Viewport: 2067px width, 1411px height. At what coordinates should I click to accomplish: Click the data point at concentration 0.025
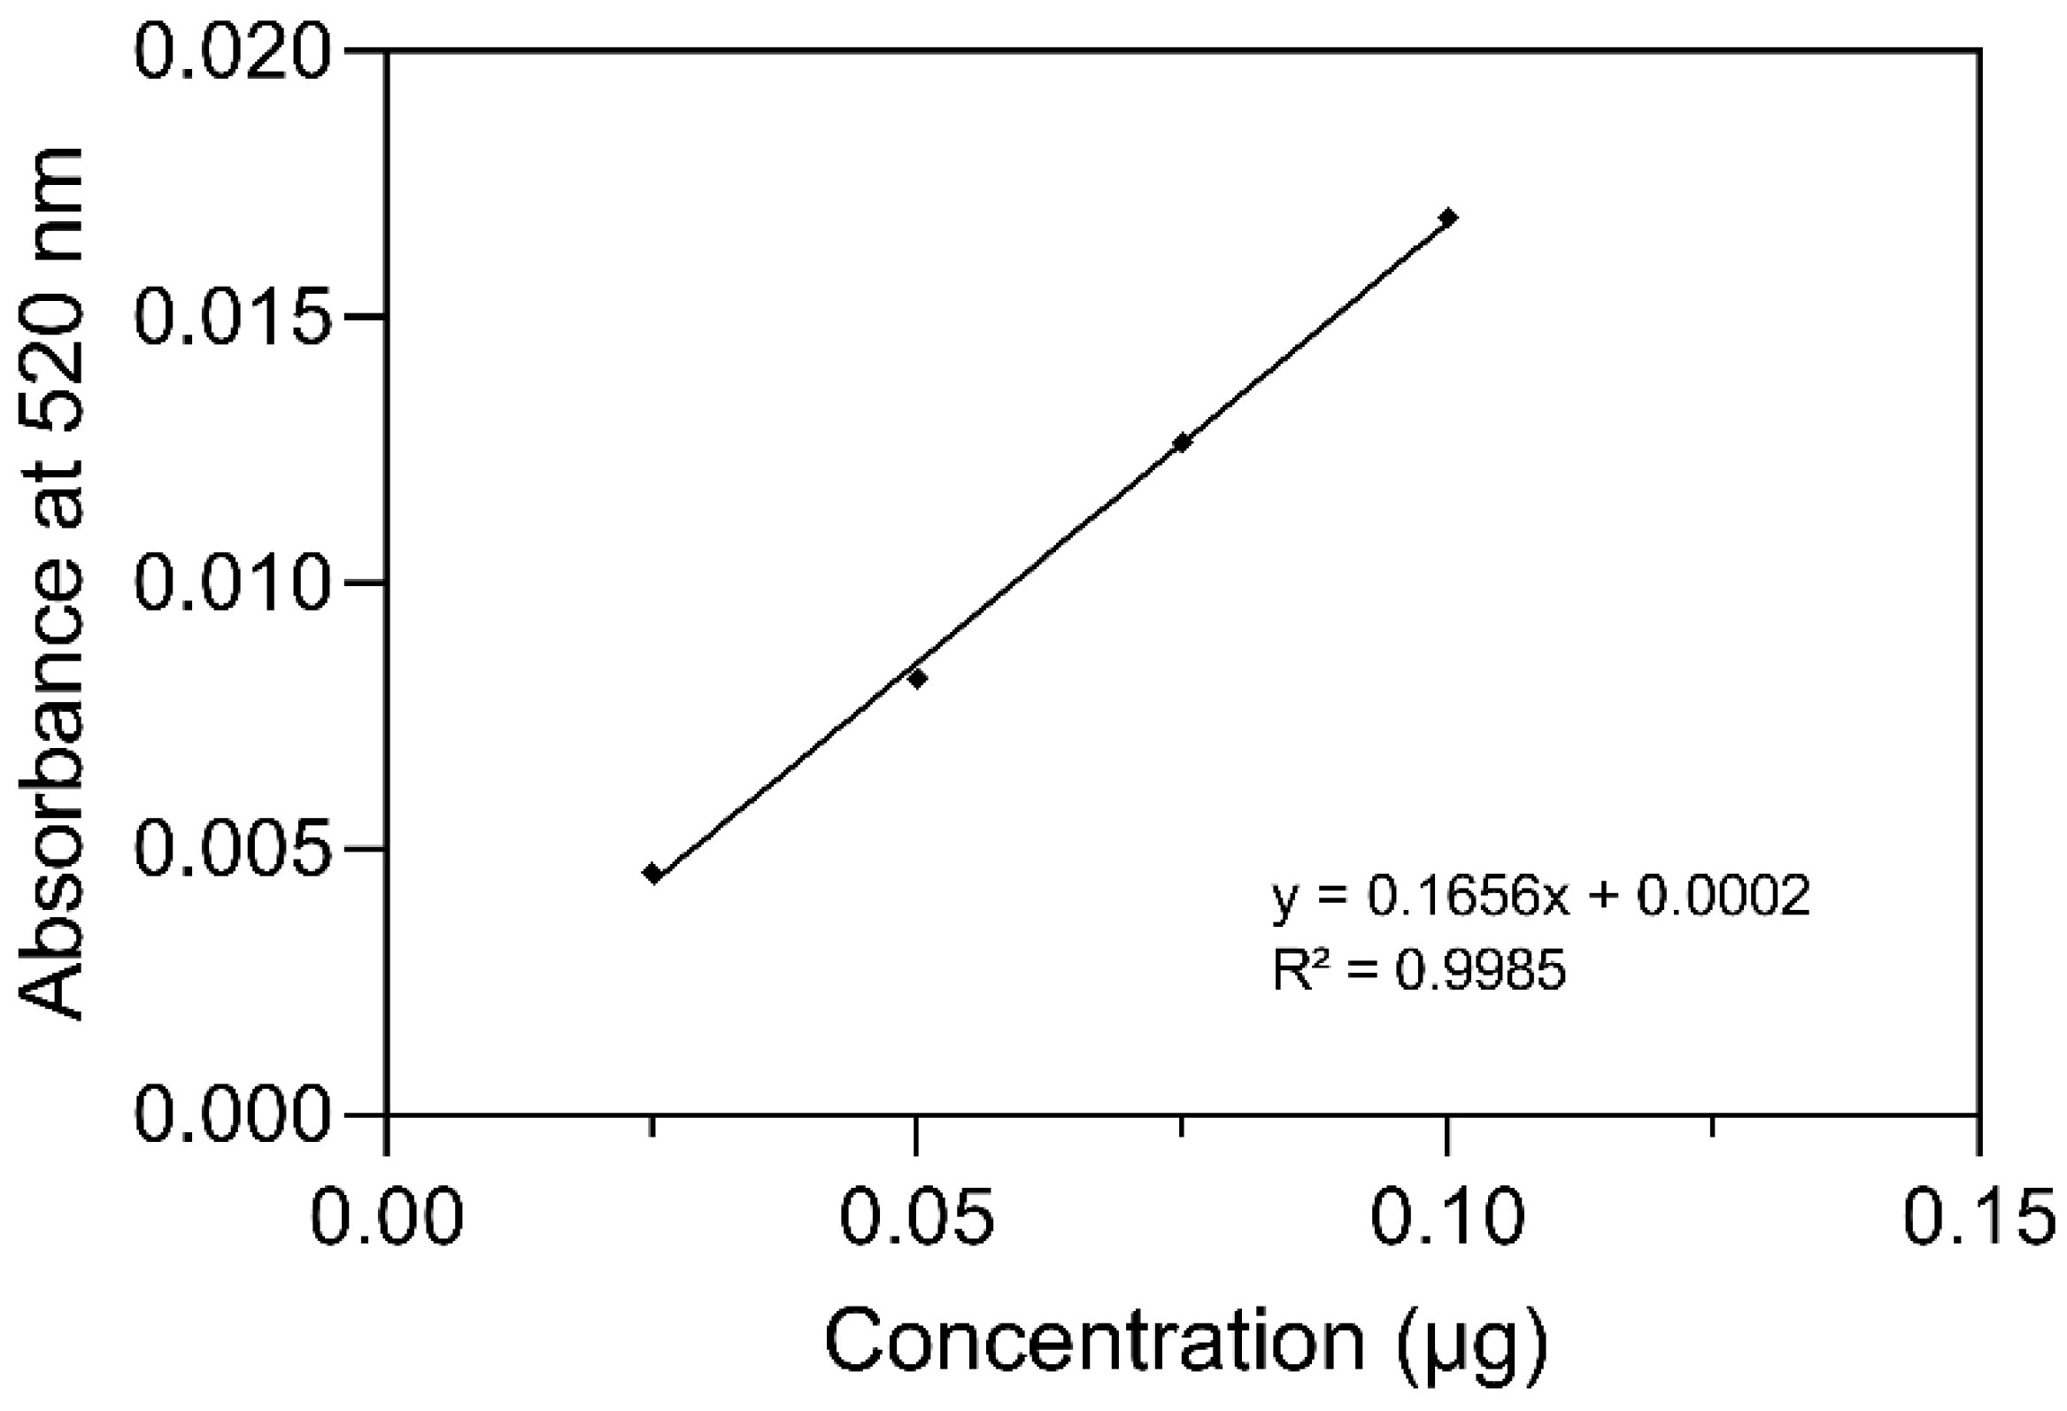pyautogui.click(x=653, y=873)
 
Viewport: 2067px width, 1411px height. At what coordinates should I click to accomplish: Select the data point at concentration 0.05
pyautogui.click(x=917, y=679)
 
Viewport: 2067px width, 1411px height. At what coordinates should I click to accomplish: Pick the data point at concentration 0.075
pyautogui.click(x=1181, y=443)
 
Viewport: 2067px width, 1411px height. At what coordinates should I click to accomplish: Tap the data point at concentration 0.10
pyautogui.click(x=1447, y=217)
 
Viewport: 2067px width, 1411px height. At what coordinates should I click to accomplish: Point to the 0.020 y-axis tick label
pyautogui.click(x=232, y=51)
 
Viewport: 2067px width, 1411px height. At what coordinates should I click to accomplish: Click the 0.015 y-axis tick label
pyautogui.click(x=232, y=317)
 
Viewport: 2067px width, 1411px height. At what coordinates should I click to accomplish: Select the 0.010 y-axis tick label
pyautogui.click(x=232, y=582)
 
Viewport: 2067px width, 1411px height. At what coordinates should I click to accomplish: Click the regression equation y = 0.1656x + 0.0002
pyautogui.click(x=1541, y=897)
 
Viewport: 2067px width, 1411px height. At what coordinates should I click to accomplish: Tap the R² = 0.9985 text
pyautogui.click(x=1419, y=969)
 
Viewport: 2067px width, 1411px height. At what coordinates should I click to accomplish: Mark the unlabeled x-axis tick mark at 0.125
pyautogui.click(x=1713, y=1126)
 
